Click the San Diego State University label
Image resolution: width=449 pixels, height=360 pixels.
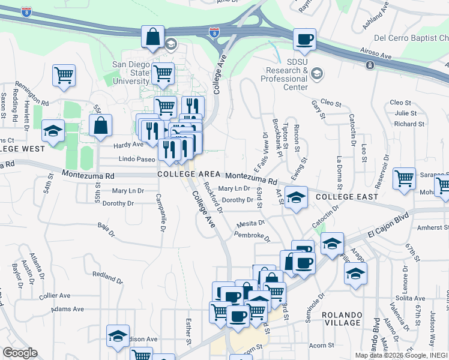[x=131, y=73]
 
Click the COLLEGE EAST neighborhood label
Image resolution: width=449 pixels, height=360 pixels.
[x=347, y=197]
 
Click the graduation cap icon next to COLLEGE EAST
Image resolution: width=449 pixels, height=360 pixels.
[x=295, y=197]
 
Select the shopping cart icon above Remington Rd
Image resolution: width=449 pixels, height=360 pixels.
[x=64, y=75]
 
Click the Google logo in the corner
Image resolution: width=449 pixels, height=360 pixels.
[x=20, y=352]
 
